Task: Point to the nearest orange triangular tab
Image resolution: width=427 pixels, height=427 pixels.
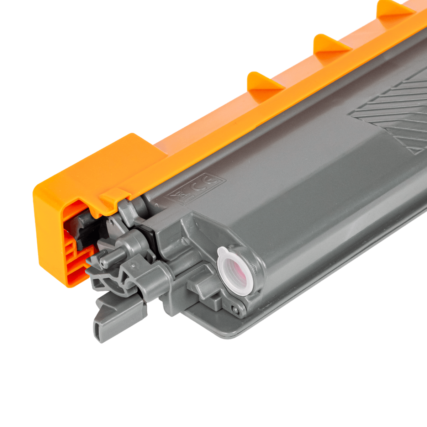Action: tap(263, 82)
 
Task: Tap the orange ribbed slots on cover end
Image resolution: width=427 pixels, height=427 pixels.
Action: tap(75, 260)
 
